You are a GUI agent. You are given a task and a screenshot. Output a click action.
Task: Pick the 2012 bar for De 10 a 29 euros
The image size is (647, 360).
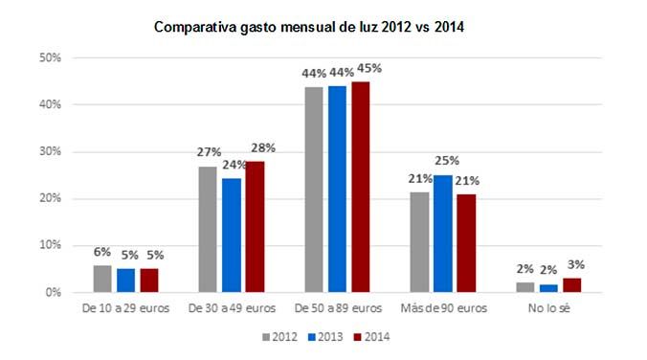pyautogui.click(x=102, y=279)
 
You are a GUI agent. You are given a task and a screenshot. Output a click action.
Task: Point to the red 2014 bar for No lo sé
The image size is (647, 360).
pyautogui.click(x=571, y=285)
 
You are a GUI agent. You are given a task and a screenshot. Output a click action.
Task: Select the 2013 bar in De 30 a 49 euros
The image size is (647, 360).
pyautogui.click(x=232, y=235)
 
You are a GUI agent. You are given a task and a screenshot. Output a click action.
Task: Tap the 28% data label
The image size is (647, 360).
pyautogui.click(x=263, y=147)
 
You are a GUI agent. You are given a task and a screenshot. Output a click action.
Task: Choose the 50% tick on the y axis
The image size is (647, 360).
pyautogui.click(x=49, y=57)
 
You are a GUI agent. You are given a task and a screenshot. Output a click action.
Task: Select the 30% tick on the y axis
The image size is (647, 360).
pyautogui.click(x=49, y=151)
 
